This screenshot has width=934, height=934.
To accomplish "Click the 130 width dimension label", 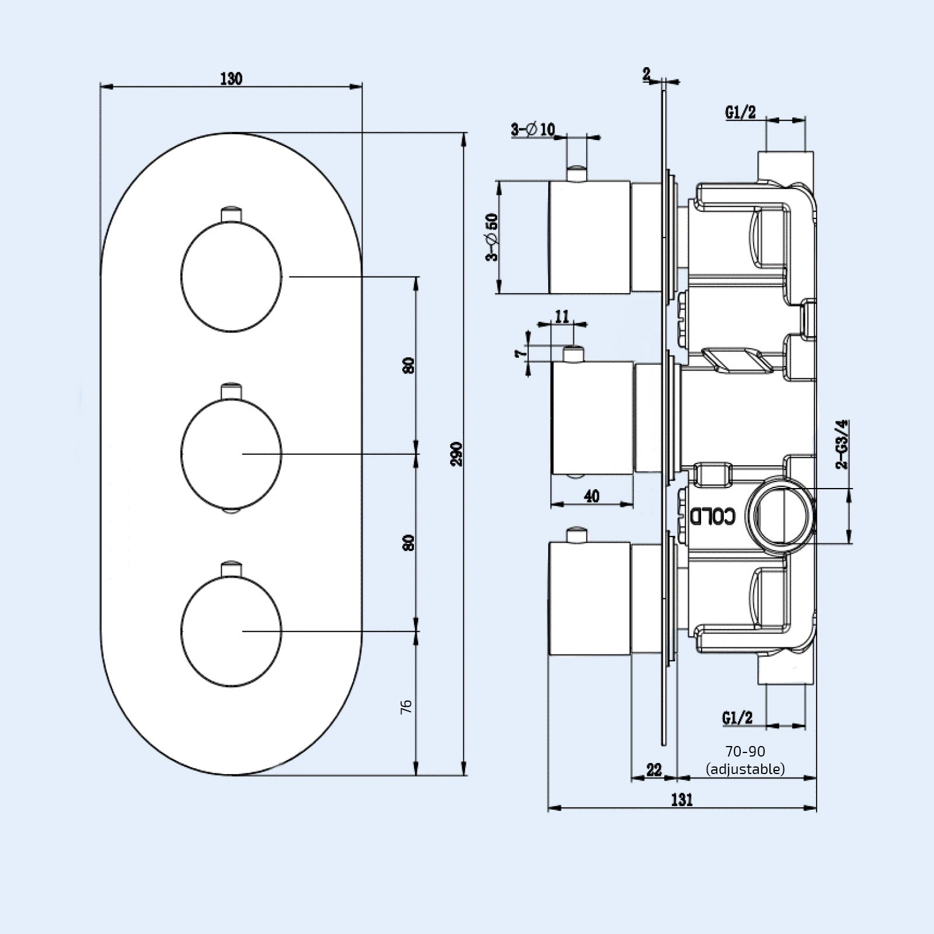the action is [x=231, y=78].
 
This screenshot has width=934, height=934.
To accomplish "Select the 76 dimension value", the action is [x=407, y=706].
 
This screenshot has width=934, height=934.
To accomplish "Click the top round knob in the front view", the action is [x=232, y=277].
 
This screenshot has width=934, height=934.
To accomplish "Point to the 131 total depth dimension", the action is [x=681, y=799].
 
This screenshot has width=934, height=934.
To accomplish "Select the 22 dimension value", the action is [x=654, y=769].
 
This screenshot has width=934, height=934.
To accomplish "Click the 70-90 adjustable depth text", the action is [x=745, y=760].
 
